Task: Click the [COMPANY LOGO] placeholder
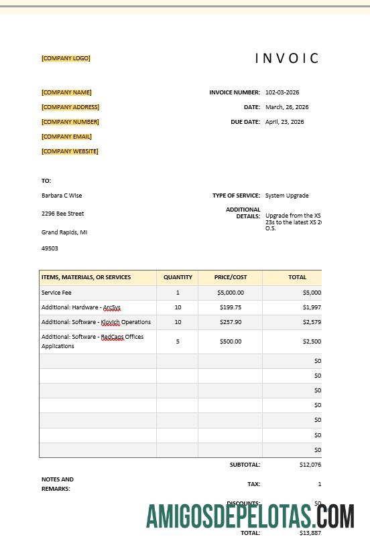(66, 58)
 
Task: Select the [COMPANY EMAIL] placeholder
(66, 137)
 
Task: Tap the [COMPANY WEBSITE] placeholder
(70, 151)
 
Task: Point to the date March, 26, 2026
(287, 107)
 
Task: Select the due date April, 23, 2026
(285, 122)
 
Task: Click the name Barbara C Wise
(62, 196)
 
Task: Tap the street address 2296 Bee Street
(63, 214)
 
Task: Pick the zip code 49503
(50, 248)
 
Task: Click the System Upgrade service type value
(287, 196)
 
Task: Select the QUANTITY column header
(178, 277)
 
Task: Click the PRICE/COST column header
(231, 277)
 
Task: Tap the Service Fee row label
(56, 293)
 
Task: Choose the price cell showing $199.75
(231, 307)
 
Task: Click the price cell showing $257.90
(231, 322)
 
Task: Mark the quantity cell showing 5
(178, 341)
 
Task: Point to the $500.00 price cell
(231, 341)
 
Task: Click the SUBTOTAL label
(245, 465)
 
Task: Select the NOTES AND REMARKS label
(58, 484)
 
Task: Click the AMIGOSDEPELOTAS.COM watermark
(250, 516)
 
